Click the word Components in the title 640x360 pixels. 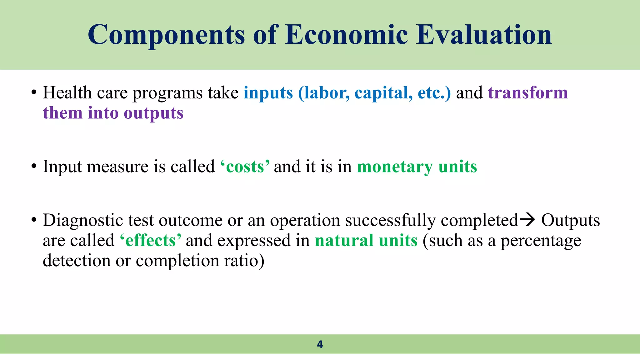click(166, 35)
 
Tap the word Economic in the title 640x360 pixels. click(346, 35)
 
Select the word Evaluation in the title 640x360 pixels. click(484, 35)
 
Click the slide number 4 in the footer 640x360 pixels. click(320, 344)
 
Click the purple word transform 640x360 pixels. click(528, 93)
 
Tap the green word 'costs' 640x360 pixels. click(245, 167)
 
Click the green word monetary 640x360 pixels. click(395, 167)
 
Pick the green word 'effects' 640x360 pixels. click(150, 241)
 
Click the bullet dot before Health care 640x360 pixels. click(34, 93)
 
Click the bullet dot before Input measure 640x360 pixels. click(34, 167)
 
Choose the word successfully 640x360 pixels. click(390, 220)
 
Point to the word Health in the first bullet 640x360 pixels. click(67, 93)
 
